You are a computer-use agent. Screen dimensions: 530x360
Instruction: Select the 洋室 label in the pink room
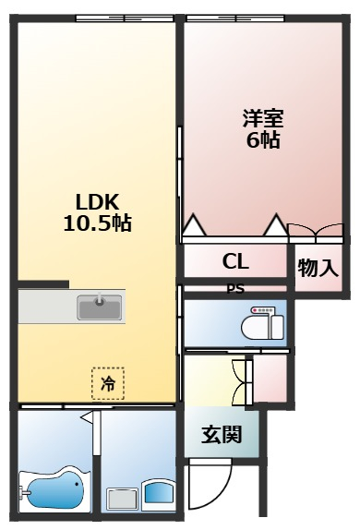[262, 119]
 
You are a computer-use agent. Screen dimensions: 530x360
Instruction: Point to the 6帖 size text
[262, 141]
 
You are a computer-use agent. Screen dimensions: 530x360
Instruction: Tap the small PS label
[235, 286]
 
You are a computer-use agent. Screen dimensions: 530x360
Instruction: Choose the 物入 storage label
[318, 269]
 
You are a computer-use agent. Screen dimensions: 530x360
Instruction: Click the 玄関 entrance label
[222, 434]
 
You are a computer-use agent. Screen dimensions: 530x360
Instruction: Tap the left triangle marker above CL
[192, 223]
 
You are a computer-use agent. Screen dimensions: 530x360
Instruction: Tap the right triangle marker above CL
[274, 223]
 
